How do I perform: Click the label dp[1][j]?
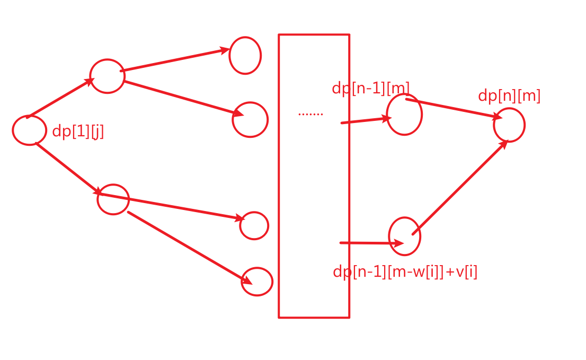pyautogui.click(x=78, y=131)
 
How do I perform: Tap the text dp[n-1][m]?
pyautogui.click(x=370, y=88)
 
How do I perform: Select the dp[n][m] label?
pyautogui.click(x=509, y=96)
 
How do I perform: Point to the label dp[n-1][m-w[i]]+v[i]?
pyautogui.click(x=405, y=271)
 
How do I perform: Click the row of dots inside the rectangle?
pyautogui.click(x=310, y=113)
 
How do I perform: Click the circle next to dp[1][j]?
pyautogui.click(x=29, y=130)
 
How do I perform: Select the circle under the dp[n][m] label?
pyautogui.click(x=509, y=125)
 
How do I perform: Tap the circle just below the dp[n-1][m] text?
pyautogui.click(x=404, y=115)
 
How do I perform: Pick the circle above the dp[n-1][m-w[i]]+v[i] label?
pyautogui.click(x=405, y=236)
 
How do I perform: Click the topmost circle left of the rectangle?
pyautogui.click(x=245, y=55)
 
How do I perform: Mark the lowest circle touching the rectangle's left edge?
pyautogui.click(x=257, y=282)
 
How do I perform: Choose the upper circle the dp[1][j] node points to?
pyautogui.click(x=107, y=76)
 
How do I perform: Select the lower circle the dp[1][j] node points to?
pyautogui.click(x=113, y=199)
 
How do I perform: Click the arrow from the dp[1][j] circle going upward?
pyautogui.click(x=60, y=98)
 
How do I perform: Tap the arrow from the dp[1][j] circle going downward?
pyautogui.click(x=67, y=168)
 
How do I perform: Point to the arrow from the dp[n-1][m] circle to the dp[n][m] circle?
pyautogui.click(x=453, y=108)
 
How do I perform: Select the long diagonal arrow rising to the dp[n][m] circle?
pyautogui.click(x=460, y=187)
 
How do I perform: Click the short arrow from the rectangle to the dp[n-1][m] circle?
pyautogui.click(x=366, y=120)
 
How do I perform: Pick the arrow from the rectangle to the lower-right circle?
pyautogui.click(x=371, y=243)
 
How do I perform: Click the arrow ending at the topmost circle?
pyautogui.click(x=175, y=60)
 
